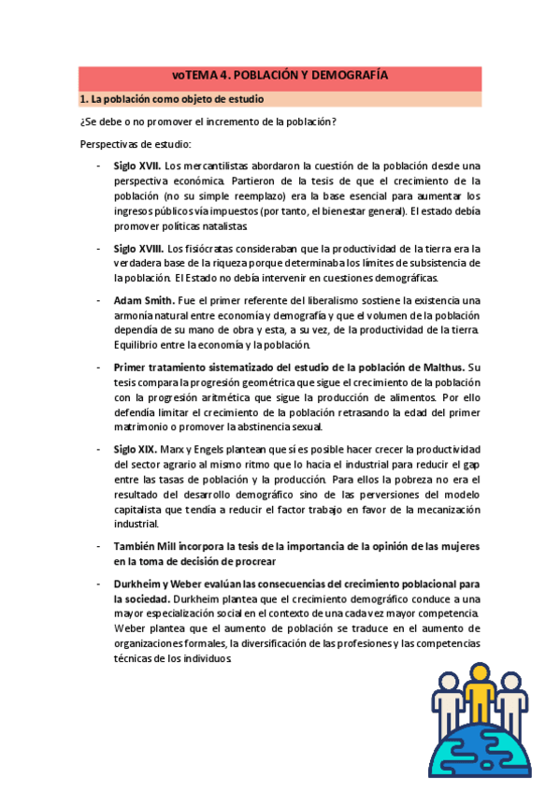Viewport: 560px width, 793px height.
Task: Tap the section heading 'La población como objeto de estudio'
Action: click(177, 98)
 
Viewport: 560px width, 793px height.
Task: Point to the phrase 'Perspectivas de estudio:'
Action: click(135, 144)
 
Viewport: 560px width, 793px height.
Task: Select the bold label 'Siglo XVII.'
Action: click(137, 166)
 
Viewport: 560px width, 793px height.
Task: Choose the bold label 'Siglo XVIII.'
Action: click(139, 248)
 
